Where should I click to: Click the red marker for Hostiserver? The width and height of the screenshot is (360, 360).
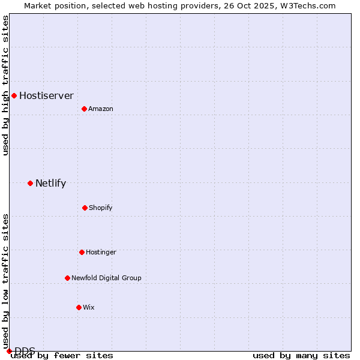coord(14,95)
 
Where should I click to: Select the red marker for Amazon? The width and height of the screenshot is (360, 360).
coord(84,109)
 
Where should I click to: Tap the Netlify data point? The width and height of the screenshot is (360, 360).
coord(30,183)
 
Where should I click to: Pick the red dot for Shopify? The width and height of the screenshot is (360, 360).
coord(85,208)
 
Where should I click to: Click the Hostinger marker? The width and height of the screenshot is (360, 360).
coord(82,252)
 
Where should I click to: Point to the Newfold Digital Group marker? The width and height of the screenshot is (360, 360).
coord(67,278)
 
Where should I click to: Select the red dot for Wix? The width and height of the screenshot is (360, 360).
coord(79,307)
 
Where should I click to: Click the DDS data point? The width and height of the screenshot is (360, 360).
coord(9,351)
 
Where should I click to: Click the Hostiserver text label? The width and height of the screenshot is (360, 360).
coord(46,95)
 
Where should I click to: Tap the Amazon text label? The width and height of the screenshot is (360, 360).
coord(101,109)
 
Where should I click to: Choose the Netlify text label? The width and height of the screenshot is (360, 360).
coord(50,183)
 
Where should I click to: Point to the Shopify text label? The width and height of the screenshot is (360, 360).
coord(101,208)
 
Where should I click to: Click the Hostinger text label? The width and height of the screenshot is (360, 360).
coord(101,252)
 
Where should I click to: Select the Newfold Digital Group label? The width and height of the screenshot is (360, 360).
coord(106,278)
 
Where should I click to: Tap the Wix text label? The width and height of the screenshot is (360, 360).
coord(89,307)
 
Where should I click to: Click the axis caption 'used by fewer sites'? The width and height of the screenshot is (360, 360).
coord(62,355)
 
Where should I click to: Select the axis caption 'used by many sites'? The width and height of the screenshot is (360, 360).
coord(301,355)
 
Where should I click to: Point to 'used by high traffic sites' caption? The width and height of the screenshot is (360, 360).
coord(5,85)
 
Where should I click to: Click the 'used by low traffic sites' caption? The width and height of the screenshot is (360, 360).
coord(5,277)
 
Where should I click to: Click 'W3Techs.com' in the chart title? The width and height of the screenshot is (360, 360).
coord(305,5)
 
